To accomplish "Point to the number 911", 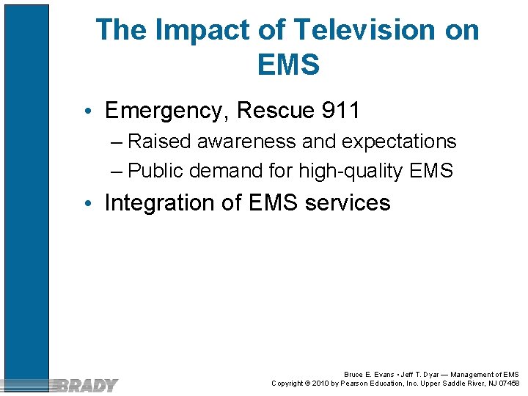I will [x=341, y=111].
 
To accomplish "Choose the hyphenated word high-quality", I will [x=351, y=172].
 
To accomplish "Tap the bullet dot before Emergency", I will [x=87, y=112].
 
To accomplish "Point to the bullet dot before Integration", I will [x=87, y=204].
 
